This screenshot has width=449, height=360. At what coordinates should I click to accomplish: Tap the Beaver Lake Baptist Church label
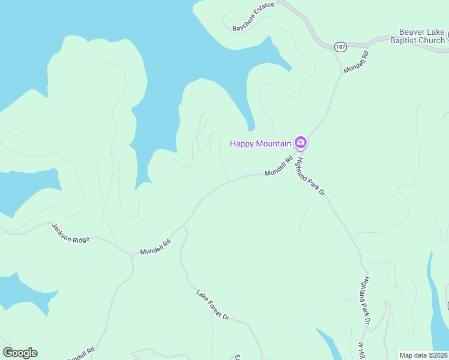click(423, 36)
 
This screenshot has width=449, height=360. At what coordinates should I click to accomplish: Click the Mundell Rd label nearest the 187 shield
click(356, 62)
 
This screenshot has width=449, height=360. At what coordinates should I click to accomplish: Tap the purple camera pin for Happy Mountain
click(301, 143)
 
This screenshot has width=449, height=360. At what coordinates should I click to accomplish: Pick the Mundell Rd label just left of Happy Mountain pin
click(279, 166)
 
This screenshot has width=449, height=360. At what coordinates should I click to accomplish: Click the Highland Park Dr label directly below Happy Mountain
click(311, 174)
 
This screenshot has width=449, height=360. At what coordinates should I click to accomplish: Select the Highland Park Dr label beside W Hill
click(366, 301)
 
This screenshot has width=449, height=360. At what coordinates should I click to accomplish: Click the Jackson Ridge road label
click(70, 233)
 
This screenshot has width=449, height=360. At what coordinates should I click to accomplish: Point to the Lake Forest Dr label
click(212, 304)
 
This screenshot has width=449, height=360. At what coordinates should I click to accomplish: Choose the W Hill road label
click(363, 350)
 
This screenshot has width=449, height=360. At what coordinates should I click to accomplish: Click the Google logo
click(20, 353)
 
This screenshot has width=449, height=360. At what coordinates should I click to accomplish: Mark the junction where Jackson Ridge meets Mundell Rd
click(132, 256)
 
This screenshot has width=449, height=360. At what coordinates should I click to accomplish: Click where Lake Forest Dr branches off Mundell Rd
click(182, 227)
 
